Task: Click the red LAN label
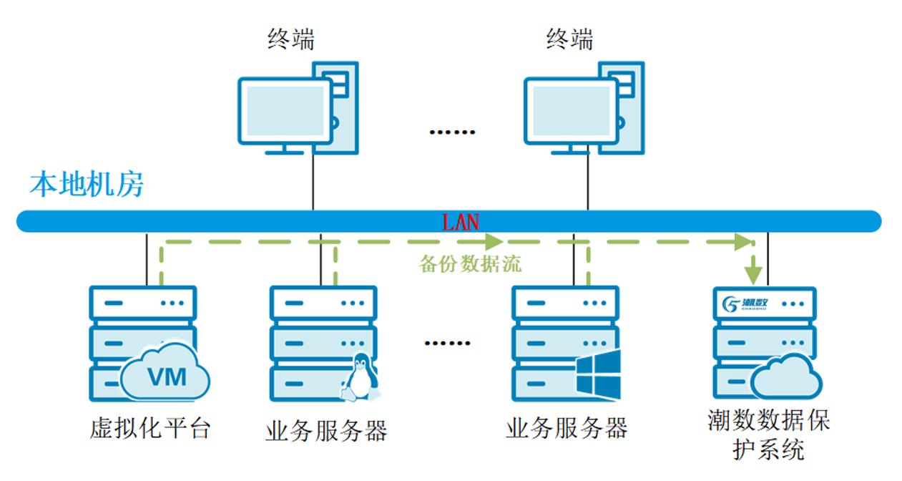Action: click(460, 222)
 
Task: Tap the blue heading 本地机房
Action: click(87, 185)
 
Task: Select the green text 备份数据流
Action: click(470, 264)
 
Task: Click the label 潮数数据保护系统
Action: click(768, 435)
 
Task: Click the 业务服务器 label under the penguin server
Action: click(326, 431)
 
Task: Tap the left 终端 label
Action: click(290, 39)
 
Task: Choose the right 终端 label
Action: click(569, 39)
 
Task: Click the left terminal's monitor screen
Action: click(284, 110)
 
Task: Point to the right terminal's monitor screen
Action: click(570, 110)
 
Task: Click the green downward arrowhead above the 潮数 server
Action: click(753, 273)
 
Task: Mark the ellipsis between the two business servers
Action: click(448, 343)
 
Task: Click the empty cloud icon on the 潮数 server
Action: click(785, 376)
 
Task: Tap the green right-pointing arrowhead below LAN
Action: click(494, 241)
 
